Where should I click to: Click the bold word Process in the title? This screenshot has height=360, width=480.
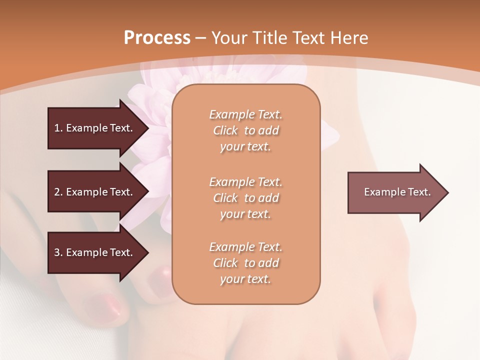tap(157, 38)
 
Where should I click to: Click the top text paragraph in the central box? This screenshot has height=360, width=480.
tap(245, 130)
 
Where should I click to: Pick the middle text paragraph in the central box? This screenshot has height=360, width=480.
tap(245, 198)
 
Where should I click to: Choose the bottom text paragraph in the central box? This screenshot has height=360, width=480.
tap(245, 263)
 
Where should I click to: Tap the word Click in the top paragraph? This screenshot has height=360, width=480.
tap(225, 130)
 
